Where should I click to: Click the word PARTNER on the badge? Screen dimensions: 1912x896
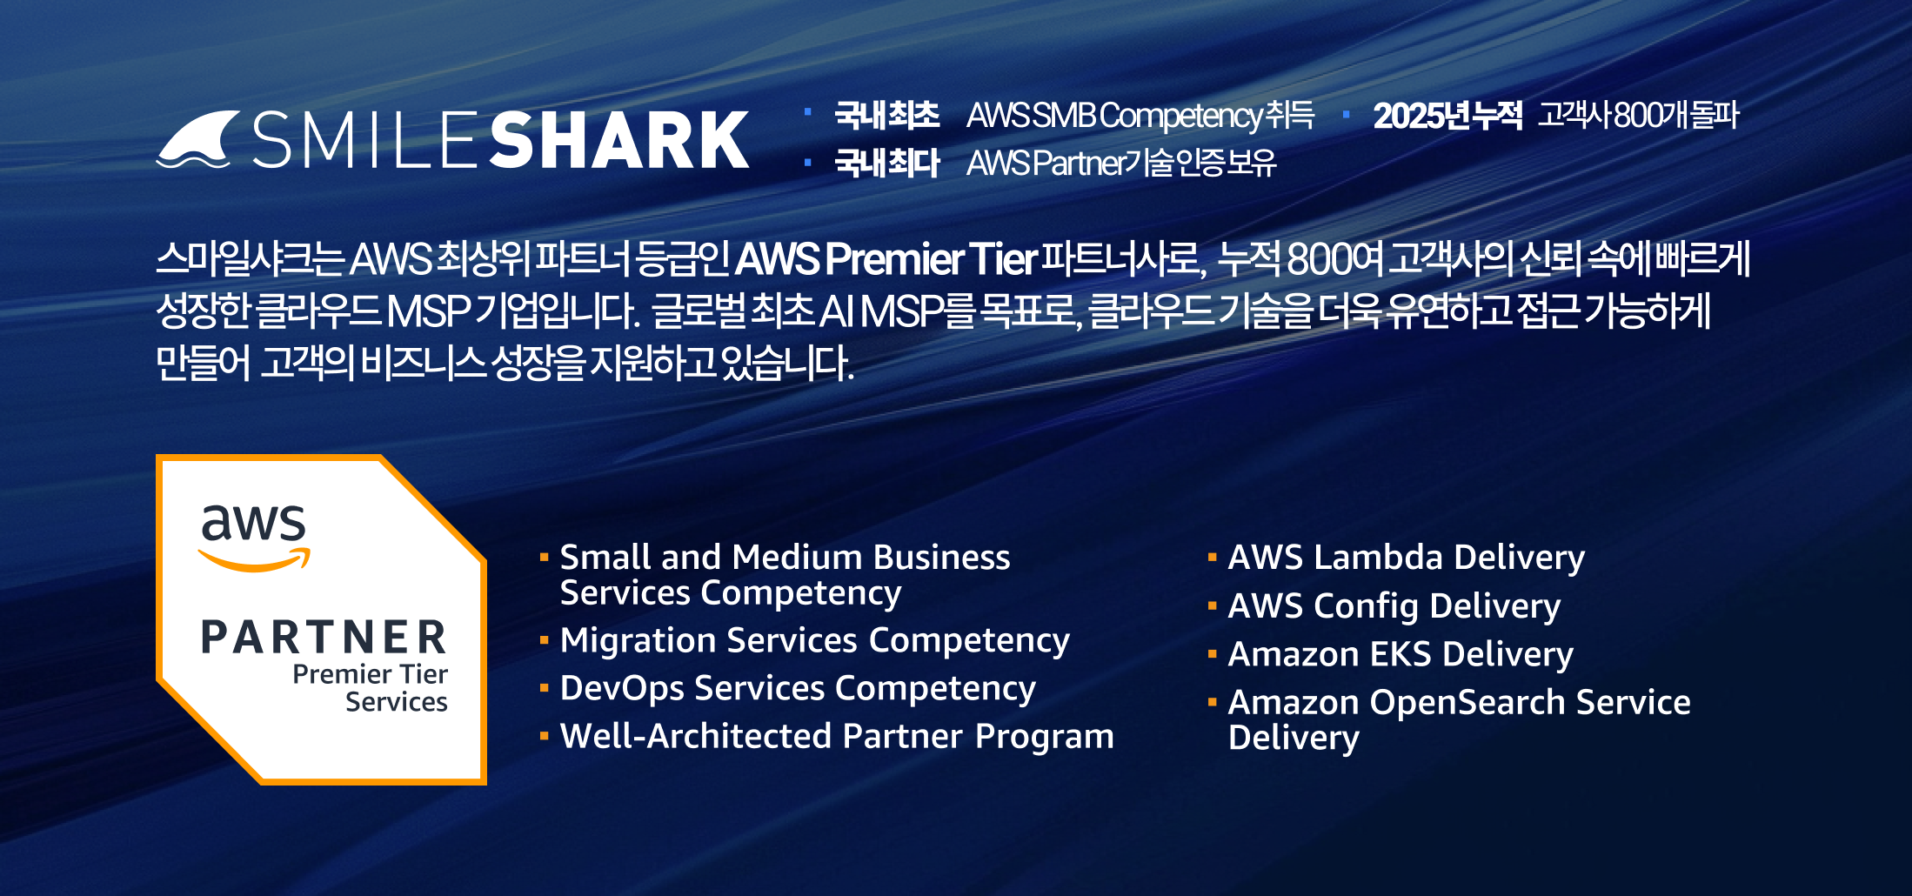click(324, 638)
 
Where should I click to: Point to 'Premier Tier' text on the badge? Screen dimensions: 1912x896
click(370, 674)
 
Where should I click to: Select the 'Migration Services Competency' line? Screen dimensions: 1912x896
click(814, 641)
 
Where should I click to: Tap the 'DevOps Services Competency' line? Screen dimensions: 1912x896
click(798, 689)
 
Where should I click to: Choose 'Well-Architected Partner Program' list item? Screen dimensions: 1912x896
click(837, 736)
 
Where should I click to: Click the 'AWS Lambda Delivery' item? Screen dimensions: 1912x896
click(1407, 558)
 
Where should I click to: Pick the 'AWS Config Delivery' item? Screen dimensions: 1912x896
click(1394, 606)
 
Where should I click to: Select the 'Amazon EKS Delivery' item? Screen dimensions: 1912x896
click(1401, 654)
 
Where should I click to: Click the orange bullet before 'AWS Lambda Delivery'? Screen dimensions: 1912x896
click(1212, 557)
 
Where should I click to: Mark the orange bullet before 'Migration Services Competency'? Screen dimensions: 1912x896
click(544, 640)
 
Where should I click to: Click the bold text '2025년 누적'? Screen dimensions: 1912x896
click(1447, 116)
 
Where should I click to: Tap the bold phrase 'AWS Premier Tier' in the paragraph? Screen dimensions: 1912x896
click(886, 258)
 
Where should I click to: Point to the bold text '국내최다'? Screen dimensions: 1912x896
click(887, 163)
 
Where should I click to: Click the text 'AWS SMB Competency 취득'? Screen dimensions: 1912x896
click(1140, 116)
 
